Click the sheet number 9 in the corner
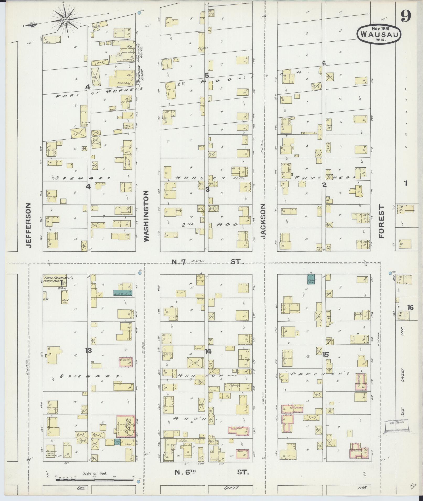pyautogui.click(x=405, y=18)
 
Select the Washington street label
pyautogui.click(x=146, y=216)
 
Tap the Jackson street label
pyautogui.click(x=263, y=221)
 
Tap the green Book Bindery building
pyautogui.click(x=122, y=293)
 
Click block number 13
pyautogui.click(x=88, y=350)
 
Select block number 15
pyautogui.click(x=325, y=355)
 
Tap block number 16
pyautogui.click(x=410, y=308)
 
